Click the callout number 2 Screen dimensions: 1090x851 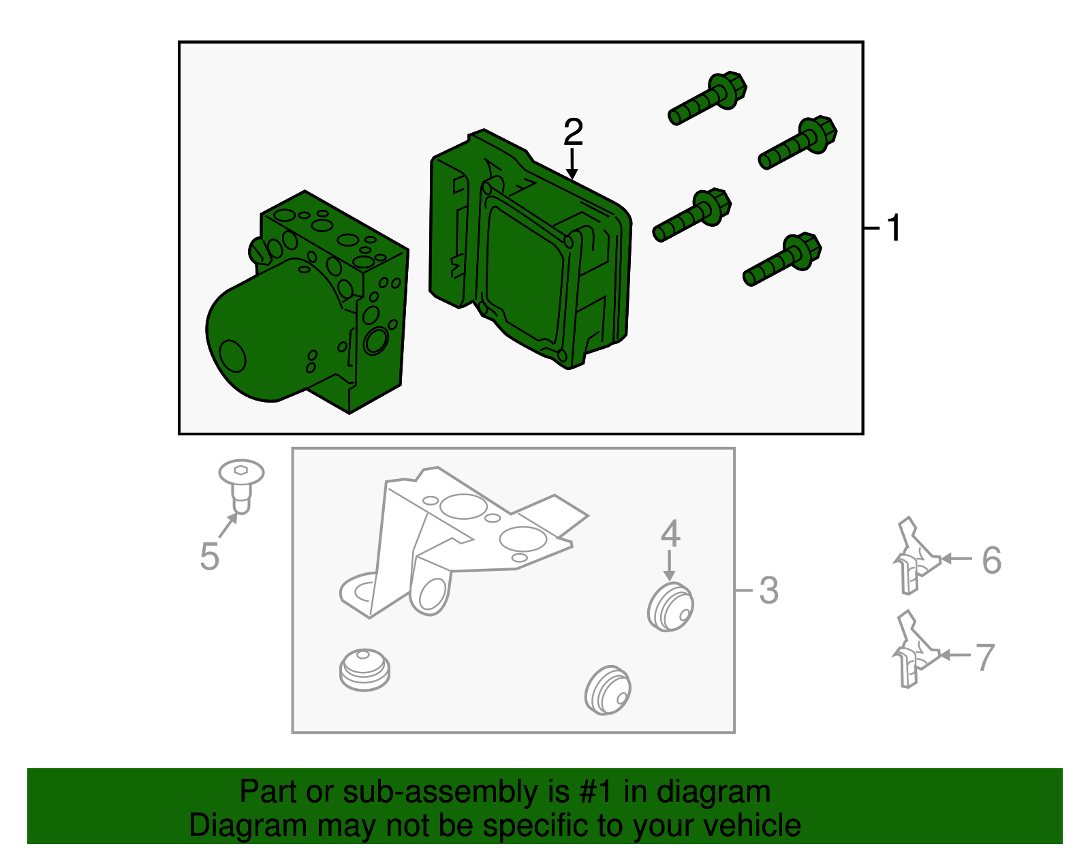pyautogui.click(x=573, y=131)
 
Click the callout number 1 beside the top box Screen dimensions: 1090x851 pyautogui.click(x=894, y=228)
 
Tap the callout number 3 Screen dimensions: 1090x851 pyautogui.click(x=768, y=590)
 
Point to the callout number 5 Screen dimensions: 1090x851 pyautogui.click(x=210, y=557)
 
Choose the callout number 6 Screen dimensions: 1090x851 pyautogui.click(x=992, y=559)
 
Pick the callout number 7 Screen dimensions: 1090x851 pyautogui.click(x=985, y=657)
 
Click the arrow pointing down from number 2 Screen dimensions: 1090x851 pyautogui.click(x=572, y=164)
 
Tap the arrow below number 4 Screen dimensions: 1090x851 pyautogui.click(x=669, y=566)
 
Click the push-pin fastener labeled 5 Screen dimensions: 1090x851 pyautogui.click(x=241, y=485)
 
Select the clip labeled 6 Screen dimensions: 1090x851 pyautogui.click(x=916, y=557)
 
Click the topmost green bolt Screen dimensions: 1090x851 pyautogui.click(x=708, y=98)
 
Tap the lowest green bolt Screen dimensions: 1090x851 pyautogui.click(x=783, y=260)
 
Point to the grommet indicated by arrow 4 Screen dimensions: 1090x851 pyautogui.click(x=670, y=606)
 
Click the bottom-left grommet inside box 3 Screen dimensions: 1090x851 pyautogui.click(x=364, y=670)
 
